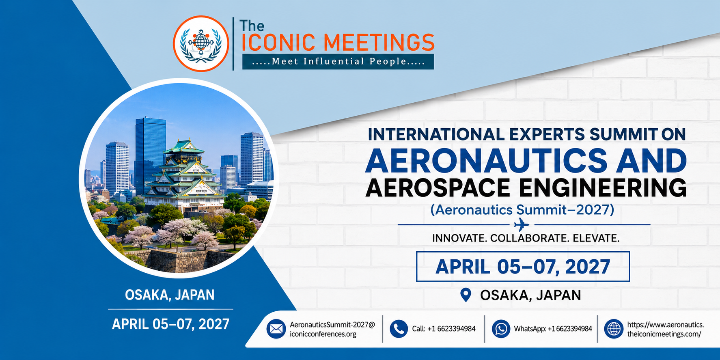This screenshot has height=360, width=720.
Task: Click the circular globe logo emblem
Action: pyautogui.click(x=201, y=44)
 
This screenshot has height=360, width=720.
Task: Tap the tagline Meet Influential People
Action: pyautogui.click(x=338, y=62)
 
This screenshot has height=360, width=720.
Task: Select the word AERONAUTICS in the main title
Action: pyautogui.click(x=486, y=160)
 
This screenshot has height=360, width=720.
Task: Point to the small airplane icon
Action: pyautogui.click(x=522, y=224)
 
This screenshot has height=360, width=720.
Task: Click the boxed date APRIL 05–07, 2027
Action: pyautogui.click(x=523, y=267)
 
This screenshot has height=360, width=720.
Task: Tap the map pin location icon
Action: pyautogui.click(x=466, y=295)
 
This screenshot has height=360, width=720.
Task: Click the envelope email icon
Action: pyautogui.click(x=276, y=329)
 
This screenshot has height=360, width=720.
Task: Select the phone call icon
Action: pyautogui.click(x=399, y=329)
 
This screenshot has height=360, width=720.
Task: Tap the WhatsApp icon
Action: pyautogui.click(x=501, y=329)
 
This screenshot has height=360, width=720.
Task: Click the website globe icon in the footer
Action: pyautogui.click(x=614, y=329)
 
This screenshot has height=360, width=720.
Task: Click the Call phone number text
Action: pyautogui.click(x=444, y=329)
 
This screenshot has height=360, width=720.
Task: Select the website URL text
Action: pyautogui.click(x=666, y=329)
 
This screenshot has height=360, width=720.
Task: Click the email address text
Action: pyautogui.click(x=332, y=329)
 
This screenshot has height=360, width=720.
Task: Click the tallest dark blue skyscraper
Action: pyautogui.click(x=150, y=156)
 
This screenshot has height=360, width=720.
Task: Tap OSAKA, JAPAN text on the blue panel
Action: pyautogui.click(x=170, y=295)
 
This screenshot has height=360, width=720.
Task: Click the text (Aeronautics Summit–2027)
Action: pyautogui.click(x=522, y=209)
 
